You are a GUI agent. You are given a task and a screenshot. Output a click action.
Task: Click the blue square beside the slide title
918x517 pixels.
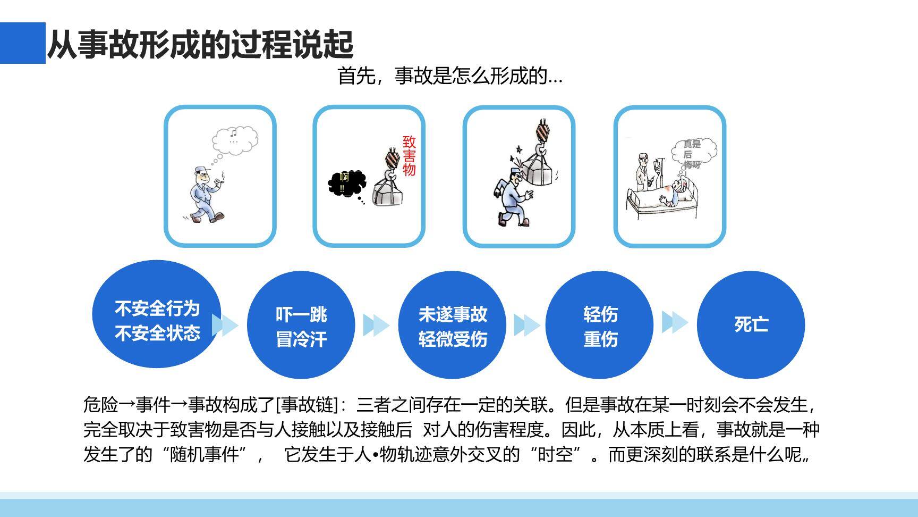pos(22,43)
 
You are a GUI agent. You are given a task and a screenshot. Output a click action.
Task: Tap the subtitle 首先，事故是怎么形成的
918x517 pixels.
pos(449,77)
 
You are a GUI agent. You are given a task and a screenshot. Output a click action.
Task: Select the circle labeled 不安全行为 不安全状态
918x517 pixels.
pos(157,314)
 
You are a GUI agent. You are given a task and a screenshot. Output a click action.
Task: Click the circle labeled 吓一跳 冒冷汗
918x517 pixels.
pos(301,325)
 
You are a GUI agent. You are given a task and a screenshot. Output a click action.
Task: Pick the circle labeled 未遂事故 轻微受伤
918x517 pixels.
pos(452,325)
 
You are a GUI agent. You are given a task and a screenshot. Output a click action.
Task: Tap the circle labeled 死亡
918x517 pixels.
pos(751,325)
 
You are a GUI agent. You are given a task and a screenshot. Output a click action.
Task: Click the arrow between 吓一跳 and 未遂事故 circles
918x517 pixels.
pos(376,325)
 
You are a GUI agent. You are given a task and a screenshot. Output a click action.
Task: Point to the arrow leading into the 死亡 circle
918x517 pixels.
pos(675,322)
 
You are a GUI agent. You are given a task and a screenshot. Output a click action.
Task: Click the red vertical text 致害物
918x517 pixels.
pos(409,156)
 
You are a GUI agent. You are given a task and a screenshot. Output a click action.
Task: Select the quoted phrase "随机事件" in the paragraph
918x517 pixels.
pos(204,455)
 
